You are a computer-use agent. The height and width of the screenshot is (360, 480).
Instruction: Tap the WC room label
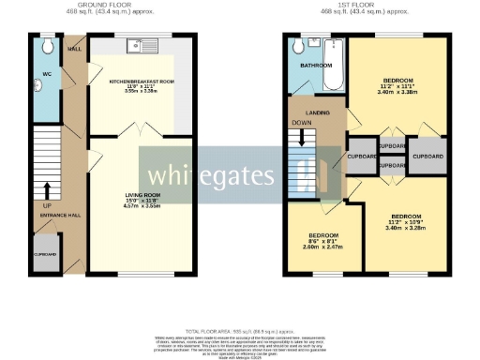46,72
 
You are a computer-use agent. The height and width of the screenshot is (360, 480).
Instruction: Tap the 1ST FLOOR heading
360,6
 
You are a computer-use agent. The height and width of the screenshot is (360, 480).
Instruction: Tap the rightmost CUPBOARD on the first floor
427,156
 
